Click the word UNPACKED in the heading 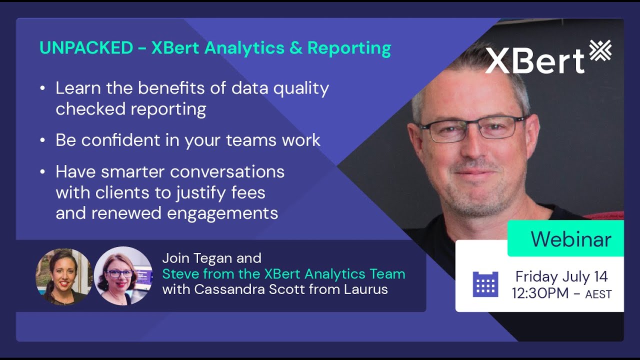coord(86,48)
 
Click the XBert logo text coord(534,60)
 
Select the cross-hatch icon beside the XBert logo coord(600,52)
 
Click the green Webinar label coord(570,239)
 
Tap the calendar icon coord(485,284)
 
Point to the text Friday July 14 coord(561,276)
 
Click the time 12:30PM coord(540,293)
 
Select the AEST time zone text coord(598,294)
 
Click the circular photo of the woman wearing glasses coord(123,275)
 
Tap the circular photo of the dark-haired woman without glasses coord(63,276)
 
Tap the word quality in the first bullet coord(301,89)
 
